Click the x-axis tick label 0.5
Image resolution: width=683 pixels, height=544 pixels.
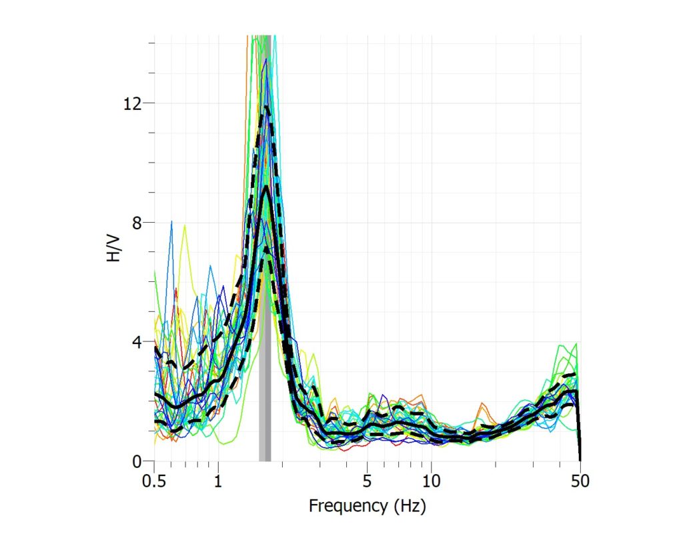click(x=154, y=481)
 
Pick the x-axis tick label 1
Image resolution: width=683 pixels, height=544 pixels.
click(x=218, y=481)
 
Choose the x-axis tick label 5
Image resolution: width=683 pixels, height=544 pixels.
click(x=367, y=481)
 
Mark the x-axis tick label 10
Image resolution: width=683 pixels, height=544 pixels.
click(x=432, y=481)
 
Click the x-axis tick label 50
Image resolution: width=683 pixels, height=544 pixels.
click(x=580, y=481)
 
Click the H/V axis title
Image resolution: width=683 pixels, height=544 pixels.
click(x=114, y=244)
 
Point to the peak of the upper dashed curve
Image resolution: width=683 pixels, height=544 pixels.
click(x=265, y=107)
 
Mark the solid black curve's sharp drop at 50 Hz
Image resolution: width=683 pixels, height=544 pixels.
click(x=579, y=427)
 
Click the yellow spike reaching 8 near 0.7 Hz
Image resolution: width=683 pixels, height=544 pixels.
click(x=185, y=226)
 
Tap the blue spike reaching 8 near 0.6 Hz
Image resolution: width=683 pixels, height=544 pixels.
click(x=171, y=221)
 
